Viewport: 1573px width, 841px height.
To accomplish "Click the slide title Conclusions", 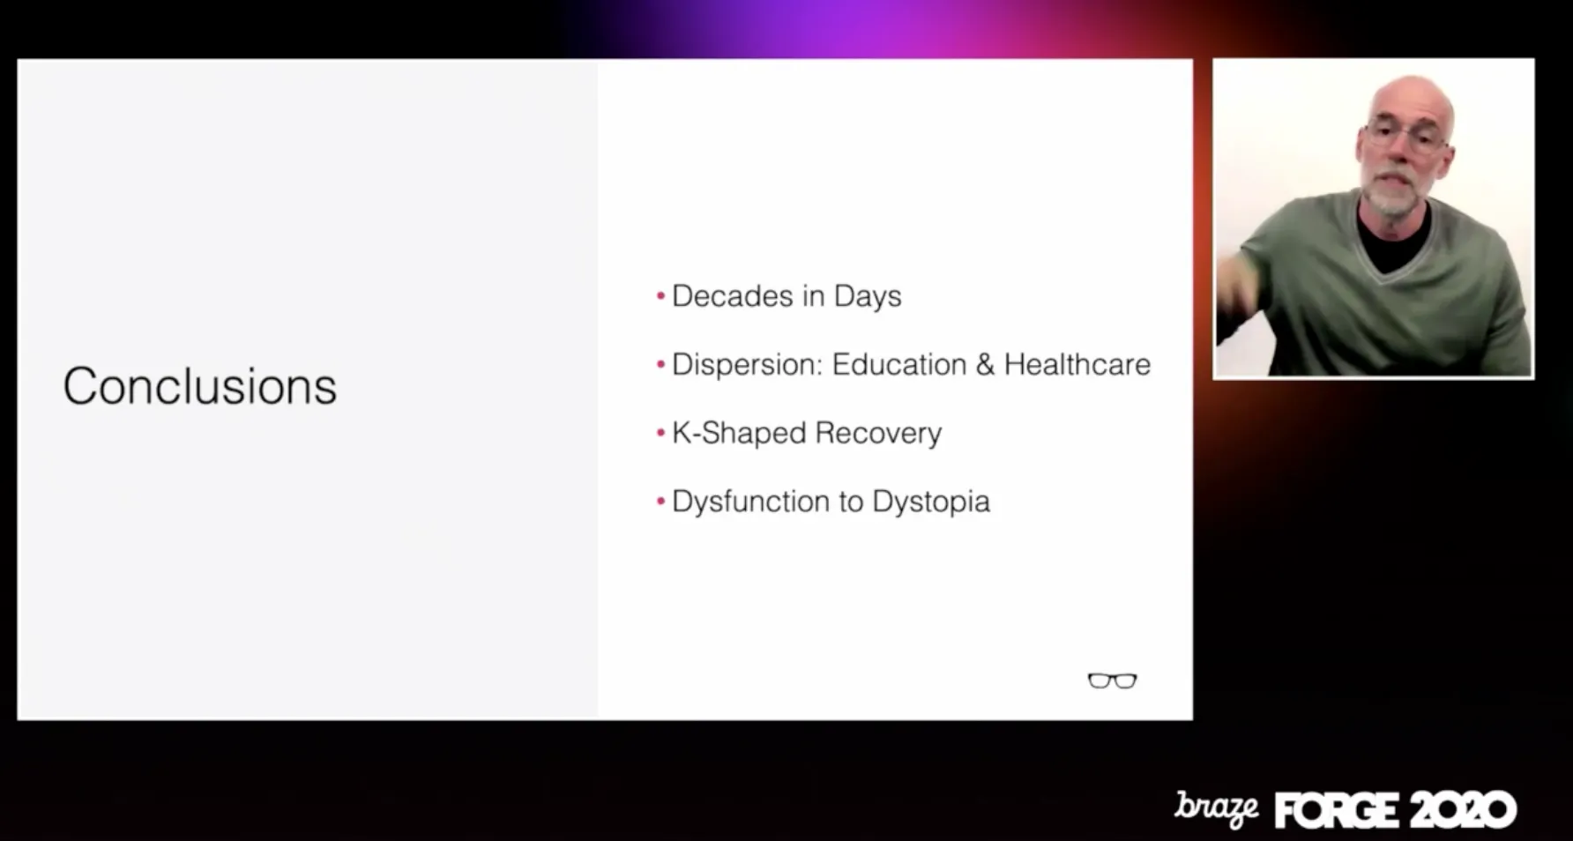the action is click(200, 386).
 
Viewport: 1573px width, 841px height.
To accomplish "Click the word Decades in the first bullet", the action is click(733, 296).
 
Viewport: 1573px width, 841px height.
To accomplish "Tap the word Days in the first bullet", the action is click(868, 297).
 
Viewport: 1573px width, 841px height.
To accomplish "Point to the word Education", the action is click(899, 365).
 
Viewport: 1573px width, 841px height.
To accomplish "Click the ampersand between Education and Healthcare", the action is click(985, 365).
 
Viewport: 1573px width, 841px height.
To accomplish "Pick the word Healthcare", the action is click(1077, 365).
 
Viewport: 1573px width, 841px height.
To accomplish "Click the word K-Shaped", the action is click(739, 434).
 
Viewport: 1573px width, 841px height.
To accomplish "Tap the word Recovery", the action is click(878, 434).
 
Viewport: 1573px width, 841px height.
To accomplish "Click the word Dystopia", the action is click(931, 502).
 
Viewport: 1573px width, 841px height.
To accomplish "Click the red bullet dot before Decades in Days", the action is click(660, 296).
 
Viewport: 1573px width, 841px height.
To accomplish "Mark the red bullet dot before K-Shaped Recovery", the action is click(660, 434).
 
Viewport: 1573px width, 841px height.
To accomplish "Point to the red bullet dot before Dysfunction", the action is click(660, 502).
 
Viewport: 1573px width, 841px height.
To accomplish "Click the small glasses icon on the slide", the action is click(1113, 681).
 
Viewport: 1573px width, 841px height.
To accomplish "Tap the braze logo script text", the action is click(1216, 808).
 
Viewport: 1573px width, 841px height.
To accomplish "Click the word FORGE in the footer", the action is click(1337, 810).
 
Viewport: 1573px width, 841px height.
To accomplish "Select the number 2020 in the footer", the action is click(1461, 810).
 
